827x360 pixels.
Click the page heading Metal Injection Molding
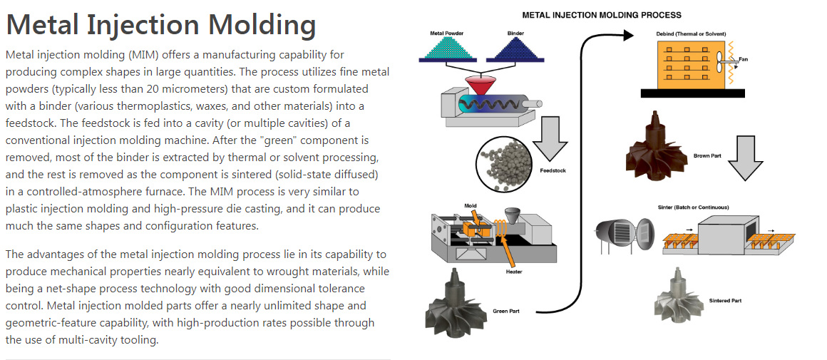[x=160, y=25]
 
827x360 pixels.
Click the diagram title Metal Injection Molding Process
[x=602, y=15]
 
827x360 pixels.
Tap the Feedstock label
[x=553, y=171]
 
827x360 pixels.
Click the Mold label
[x=470, y=206]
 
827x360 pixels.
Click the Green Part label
[x=506, y=312]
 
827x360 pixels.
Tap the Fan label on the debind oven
[x=744, y=59]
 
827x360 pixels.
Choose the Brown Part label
[x=707, y=155]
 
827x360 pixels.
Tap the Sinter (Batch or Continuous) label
[x=688, y=207]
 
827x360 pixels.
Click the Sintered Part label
[x=725, y=301]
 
